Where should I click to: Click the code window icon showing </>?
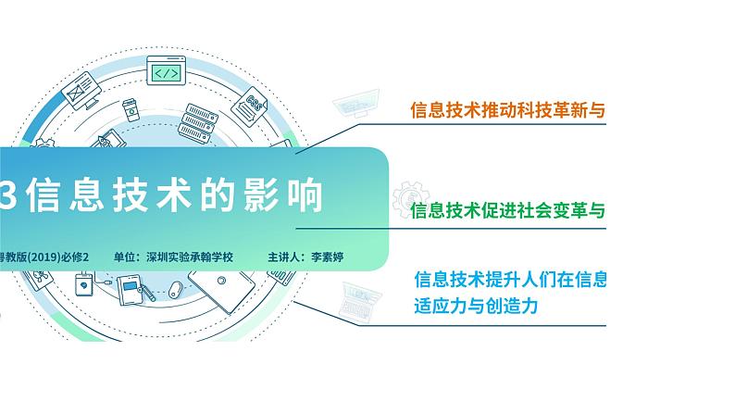(x=166, y=70)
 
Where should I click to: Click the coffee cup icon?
(x=131, y=110)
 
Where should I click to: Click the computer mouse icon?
(x=175, y=288)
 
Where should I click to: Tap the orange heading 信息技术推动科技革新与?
(x=507, y=109)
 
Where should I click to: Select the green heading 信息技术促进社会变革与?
(x=507, y=210)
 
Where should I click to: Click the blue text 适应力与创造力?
(x=476, y=307)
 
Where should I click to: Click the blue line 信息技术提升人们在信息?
(x=510, y=280)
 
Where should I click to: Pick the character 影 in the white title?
(x=261, y=195)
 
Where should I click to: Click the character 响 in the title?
(x=305, y=195)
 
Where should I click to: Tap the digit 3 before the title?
(x=7, y=195)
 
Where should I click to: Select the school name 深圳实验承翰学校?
(x=190, y=257)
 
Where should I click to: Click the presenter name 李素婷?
(x=327, y=257)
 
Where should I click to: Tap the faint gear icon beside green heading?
(x=411, y=199)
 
